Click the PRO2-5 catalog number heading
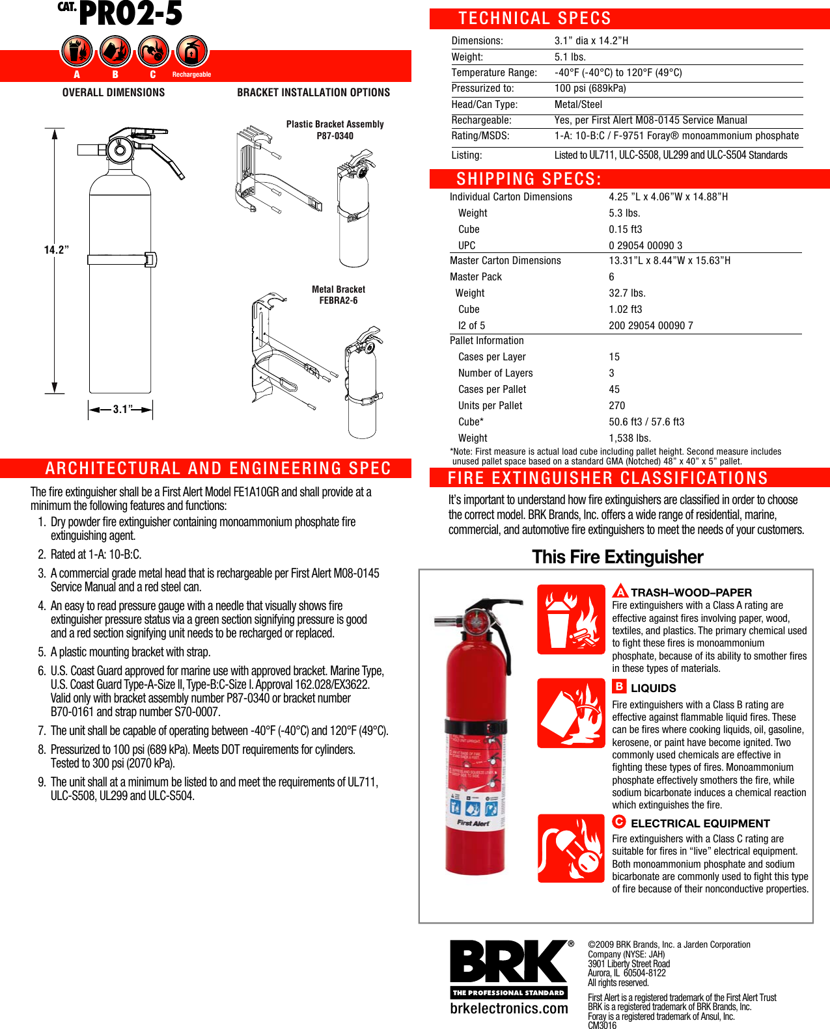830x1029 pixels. click(130, 14)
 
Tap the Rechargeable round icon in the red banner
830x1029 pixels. click(191, 51)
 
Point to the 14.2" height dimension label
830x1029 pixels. click(56, 250)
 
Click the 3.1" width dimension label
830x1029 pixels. click(122, 409)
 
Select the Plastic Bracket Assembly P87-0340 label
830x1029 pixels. click(335, 129)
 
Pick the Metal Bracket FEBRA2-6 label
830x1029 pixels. click(338, 295)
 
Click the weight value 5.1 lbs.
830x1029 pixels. click(570, 57)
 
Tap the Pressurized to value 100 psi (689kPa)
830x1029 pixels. click(590, 88)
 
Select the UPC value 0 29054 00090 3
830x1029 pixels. click(645, 245)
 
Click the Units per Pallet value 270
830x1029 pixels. click(616, 405)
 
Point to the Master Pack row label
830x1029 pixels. click(476, 276)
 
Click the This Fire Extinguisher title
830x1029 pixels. click(617, 557)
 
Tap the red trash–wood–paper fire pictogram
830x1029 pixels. click(571, 619)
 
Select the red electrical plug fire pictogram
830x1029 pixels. click(571, 848)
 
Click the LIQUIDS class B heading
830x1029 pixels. click(652, 688)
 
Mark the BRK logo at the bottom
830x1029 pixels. click(508, 962)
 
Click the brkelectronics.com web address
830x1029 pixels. click(508, 1008)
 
